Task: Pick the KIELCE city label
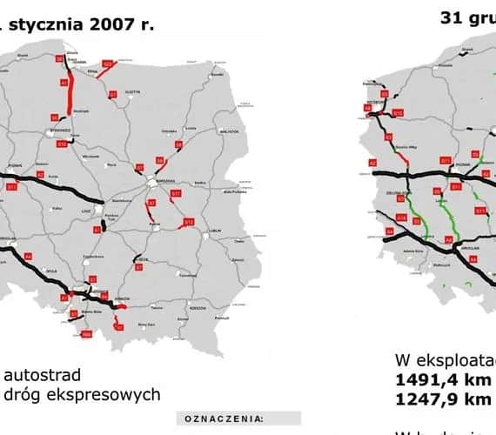143,258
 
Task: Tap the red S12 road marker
189,223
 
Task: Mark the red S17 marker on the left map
175,192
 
